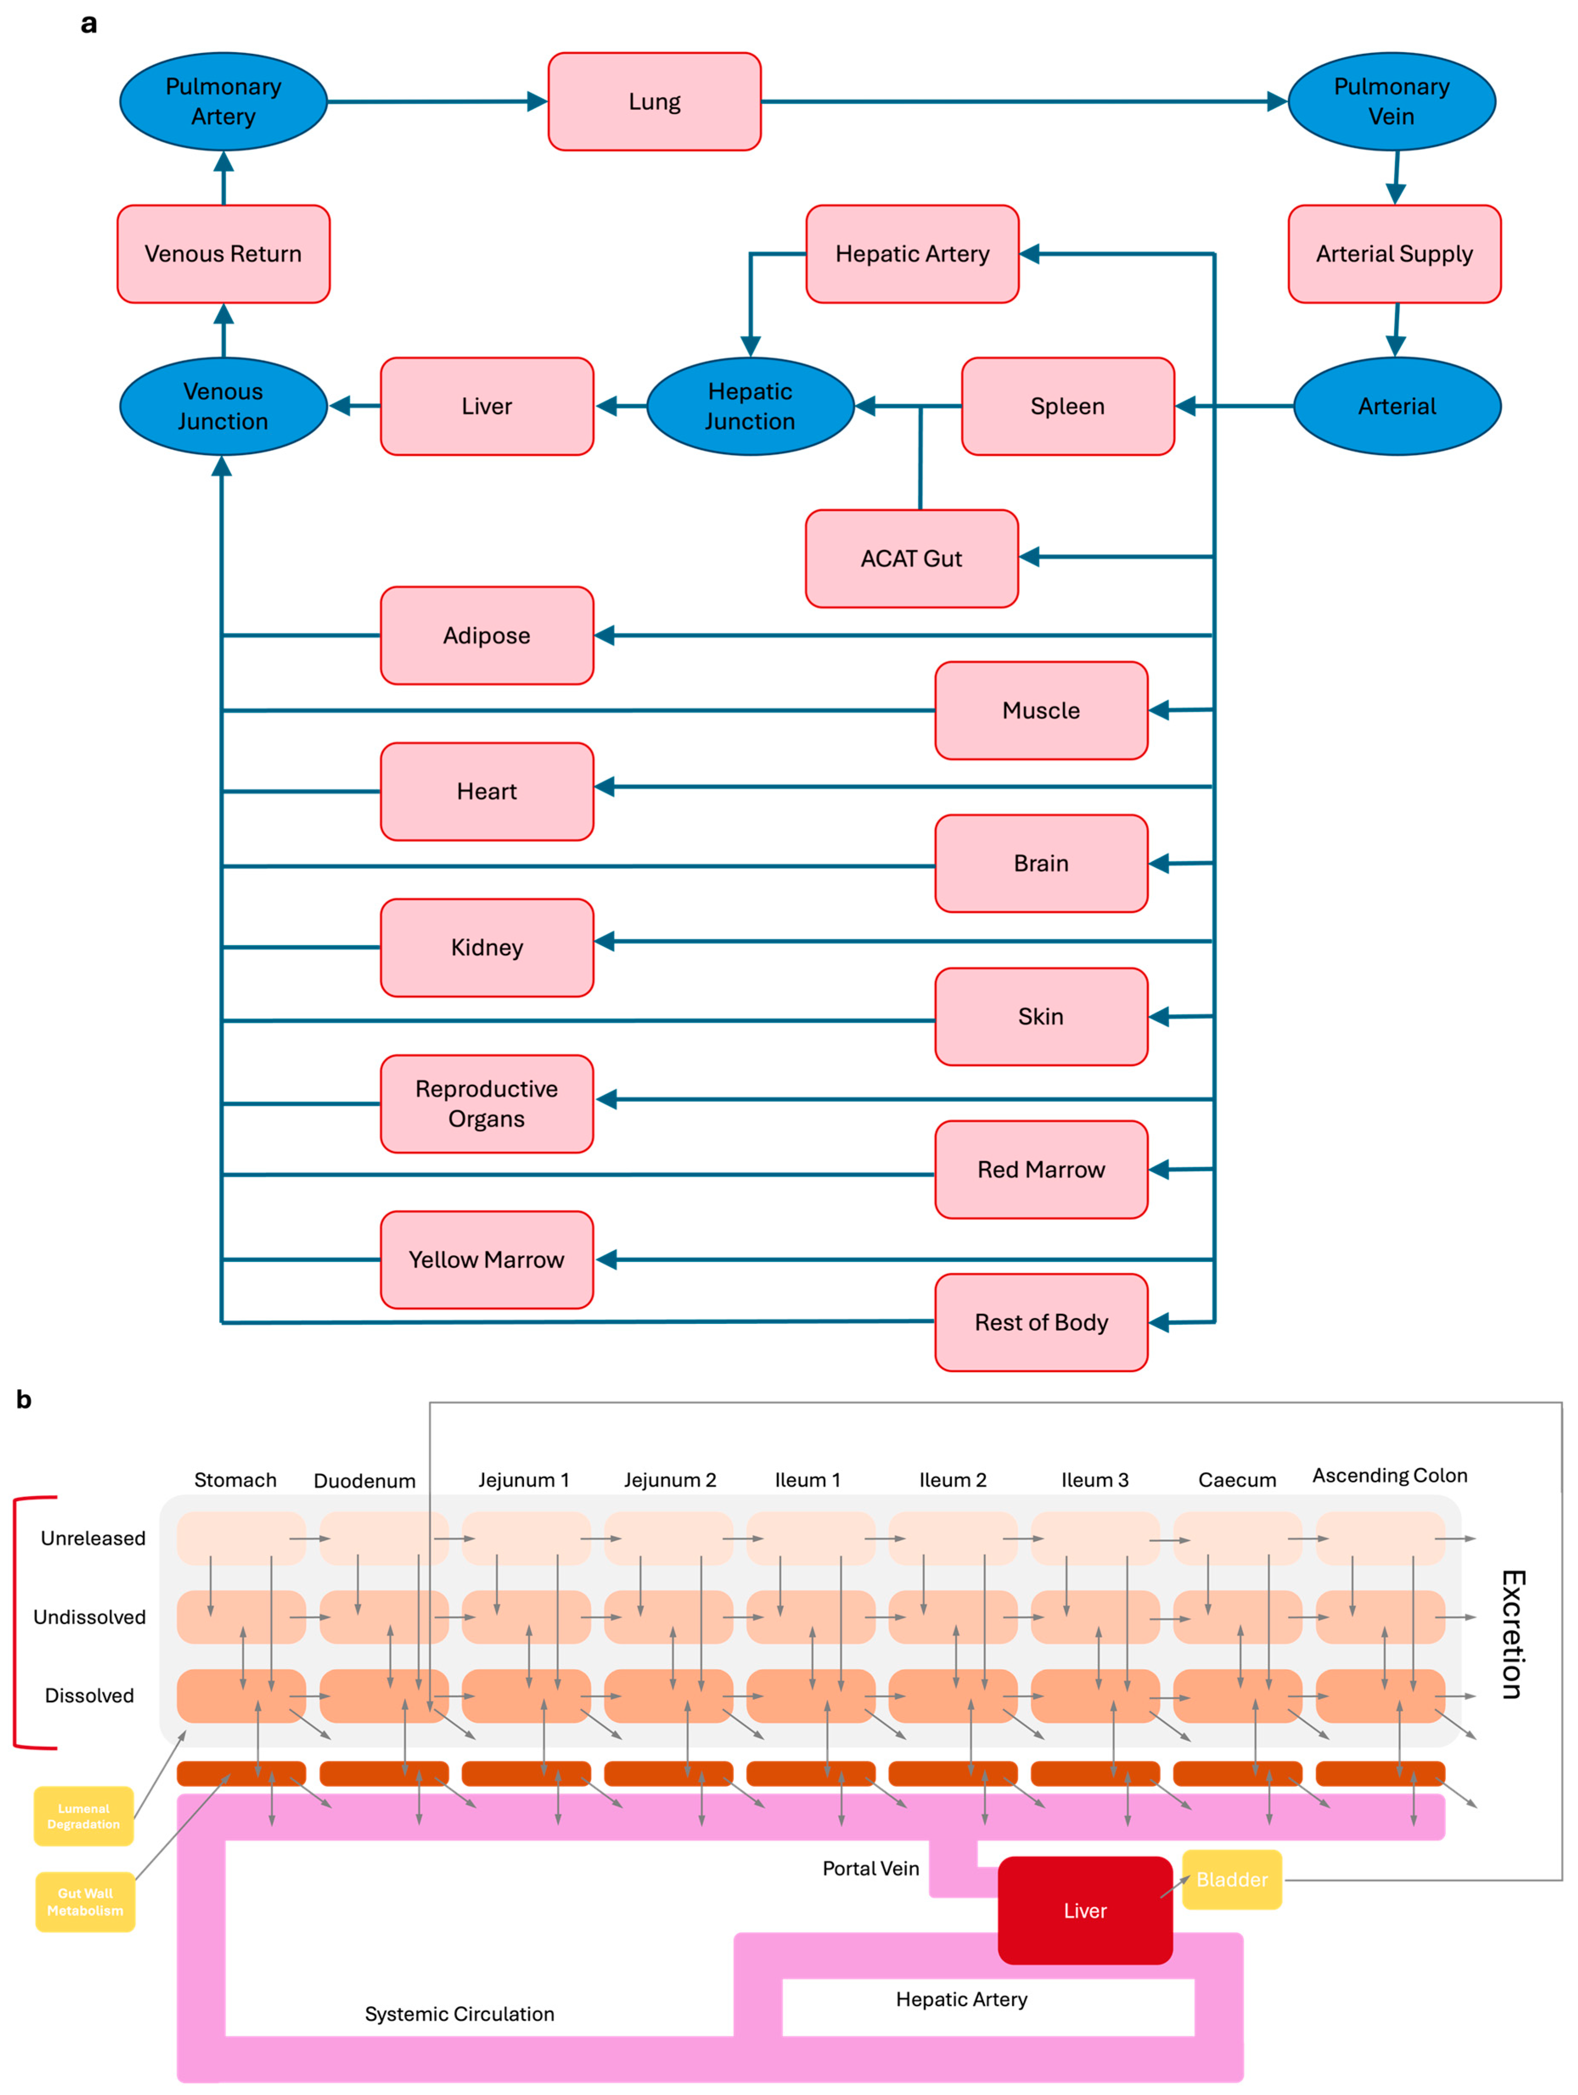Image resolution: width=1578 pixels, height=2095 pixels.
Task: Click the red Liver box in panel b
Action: click(1084, 1910)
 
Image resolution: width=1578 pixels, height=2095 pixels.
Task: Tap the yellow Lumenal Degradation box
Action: click(83, 1816)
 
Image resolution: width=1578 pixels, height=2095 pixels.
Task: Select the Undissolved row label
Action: click(90, 1617)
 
